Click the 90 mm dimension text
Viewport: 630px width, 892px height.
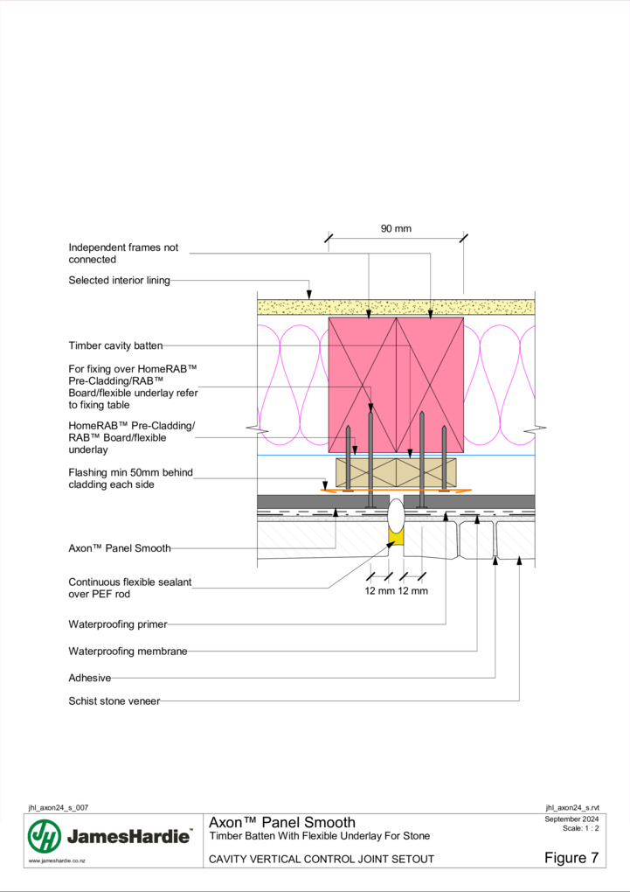(x=396, y=229)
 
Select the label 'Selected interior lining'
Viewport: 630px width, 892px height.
(x=120, y=281)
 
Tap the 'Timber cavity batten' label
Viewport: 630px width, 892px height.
(x=115, y=346)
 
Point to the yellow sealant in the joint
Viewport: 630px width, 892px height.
(x=395, y=537)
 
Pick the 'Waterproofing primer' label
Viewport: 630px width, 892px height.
(x=118, y=624)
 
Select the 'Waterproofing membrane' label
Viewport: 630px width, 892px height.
(x=128, y=652)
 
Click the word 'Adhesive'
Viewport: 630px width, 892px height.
(x=90, y=678)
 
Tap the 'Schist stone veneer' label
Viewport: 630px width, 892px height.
(x=114, y=701)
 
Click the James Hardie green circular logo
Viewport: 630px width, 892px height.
(x=45, y=836)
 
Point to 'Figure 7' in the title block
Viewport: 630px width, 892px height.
(x=571, y=858)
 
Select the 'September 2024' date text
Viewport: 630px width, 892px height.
(x=571, y=819)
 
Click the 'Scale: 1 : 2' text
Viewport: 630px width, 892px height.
(x=580, y=828)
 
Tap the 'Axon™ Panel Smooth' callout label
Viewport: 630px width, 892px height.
(x=120, y=548)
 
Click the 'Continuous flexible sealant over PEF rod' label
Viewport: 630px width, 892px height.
(x=130, y=589)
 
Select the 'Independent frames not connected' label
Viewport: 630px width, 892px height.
(x=123, y=254)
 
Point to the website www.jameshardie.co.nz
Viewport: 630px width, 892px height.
(x=57, y=861)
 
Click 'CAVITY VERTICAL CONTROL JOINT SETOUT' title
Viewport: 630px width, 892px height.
(x=322, y=859)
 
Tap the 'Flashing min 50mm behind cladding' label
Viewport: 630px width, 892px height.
(x=131, y=478)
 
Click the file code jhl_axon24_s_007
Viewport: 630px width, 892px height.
(x=59, y=808)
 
